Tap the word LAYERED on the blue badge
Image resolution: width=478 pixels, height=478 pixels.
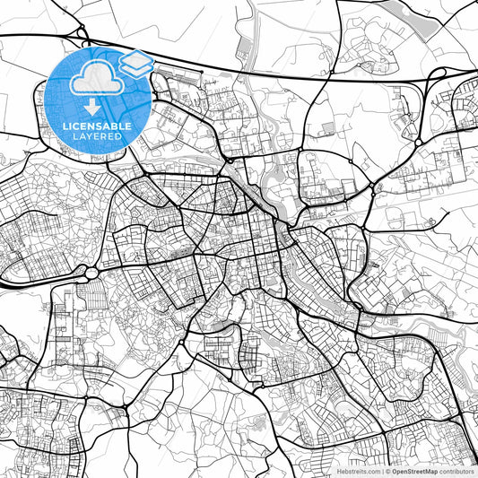pyautogui.click(x=100, y=136)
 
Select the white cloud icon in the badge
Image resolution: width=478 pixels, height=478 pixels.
pyautogui.click(x=95, y=79)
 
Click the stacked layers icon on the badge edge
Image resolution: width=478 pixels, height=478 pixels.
pyautogui.click(x=136, y=64)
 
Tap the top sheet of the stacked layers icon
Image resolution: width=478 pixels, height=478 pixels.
pyautogui.click(x=136, y=58)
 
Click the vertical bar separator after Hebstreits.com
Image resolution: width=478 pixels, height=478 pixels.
pyautogui.click(x=383, y=470)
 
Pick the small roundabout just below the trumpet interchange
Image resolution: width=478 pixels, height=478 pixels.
pyautogui.click(x=417, y=141)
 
